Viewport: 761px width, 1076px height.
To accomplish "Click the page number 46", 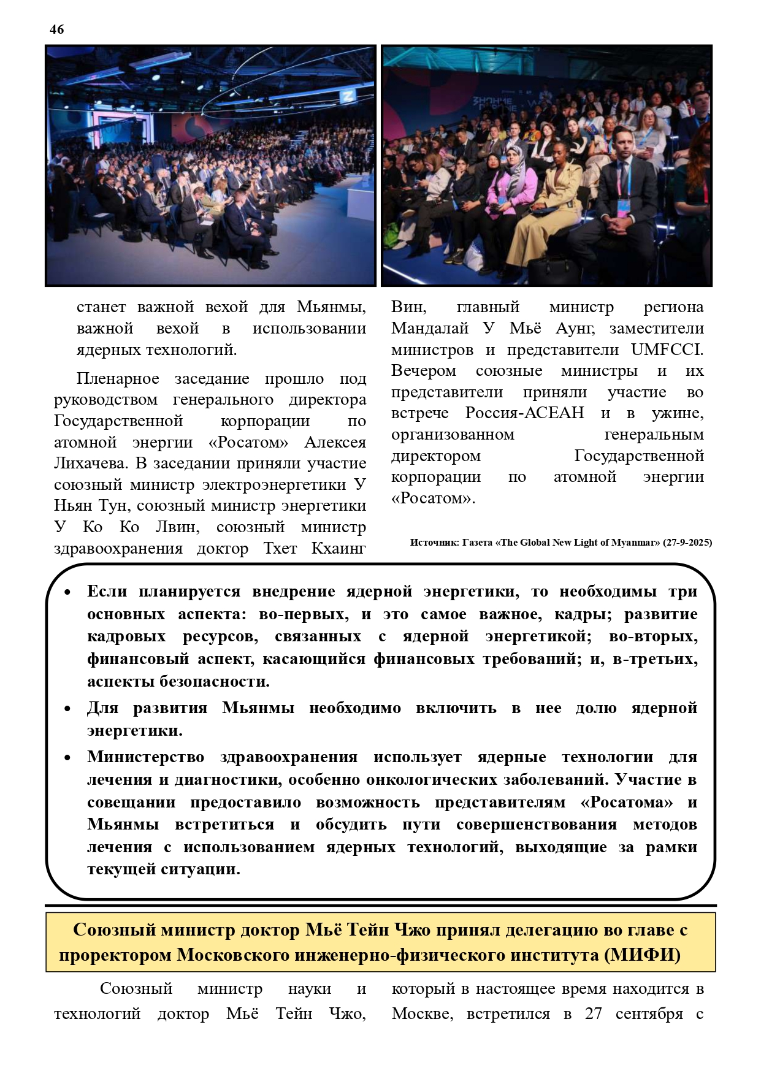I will click(56, 29).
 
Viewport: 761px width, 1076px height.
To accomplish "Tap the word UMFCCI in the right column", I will click(667, 349).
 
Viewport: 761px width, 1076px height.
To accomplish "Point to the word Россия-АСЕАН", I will click(524, 413).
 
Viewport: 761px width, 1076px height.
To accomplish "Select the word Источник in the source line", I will click(434, 543).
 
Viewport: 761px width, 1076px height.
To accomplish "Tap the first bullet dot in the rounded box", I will click(67, 592).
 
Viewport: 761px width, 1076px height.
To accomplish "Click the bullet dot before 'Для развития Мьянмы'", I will click(67, 709).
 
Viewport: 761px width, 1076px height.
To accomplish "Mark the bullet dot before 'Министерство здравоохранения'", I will click(67, 758).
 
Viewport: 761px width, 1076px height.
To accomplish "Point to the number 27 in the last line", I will click(593, 1013).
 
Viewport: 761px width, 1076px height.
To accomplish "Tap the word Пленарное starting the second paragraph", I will click(118, 378).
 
